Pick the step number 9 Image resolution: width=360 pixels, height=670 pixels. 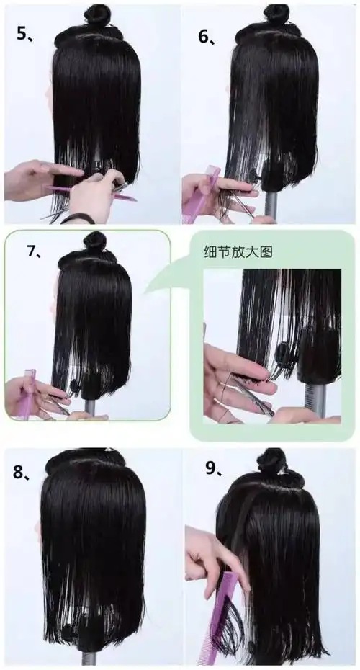[x=213, y=469]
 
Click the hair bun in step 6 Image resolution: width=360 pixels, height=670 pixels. [x=276, y=14]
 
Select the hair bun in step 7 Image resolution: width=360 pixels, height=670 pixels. [x=94, y=241]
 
